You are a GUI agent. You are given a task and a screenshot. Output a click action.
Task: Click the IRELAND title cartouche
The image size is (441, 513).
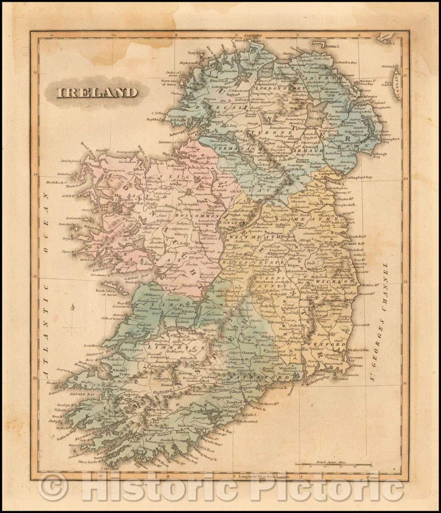pos(97,92)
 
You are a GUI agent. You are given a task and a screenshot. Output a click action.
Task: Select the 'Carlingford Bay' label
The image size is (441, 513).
pos(357,178)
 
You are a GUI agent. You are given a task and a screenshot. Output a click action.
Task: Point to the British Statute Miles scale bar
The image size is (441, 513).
pos(334,464)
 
